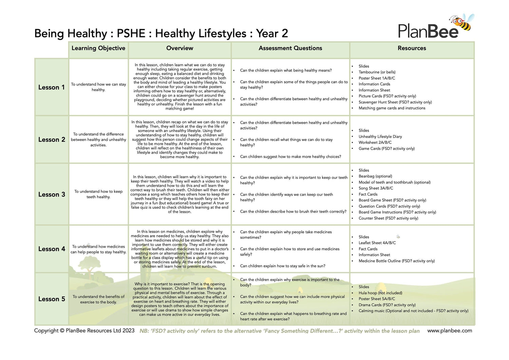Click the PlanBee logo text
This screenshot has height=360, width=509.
pos(428,31)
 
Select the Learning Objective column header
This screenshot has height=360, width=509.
pos(98,48)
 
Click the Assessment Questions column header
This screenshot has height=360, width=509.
pos(290,48)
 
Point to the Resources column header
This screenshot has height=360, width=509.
pos(412,48)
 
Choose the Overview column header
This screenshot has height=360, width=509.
pos(180,48)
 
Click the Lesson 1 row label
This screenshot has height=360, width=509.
pos(51,87)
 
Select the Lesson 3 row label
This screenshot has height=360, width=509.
pos(52,194)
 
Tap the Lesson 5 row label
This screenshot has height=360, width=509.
pos(52,299)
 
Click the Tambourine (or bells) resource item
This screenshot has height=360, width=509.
pos(377,72)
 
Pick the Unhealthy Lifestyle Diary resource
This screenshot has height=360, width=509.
pos(380,136)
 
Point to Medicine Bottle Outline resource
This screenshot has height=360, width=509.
pos(396,261)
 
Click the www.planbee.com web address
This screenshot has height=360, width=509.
pos(449,330)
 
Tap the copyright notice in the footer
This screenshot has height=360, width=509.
pos(84,330)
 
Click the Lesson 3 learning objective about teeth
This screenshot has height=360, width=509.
pos(98,194)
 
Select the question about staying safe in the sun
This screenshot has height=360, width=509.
pos(282,266)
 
